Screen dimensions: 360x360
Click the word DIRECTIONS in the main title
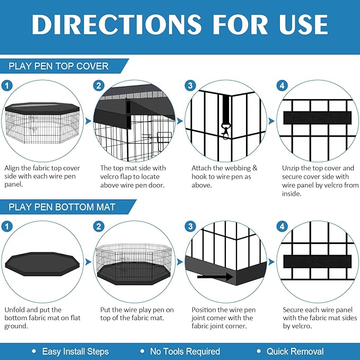pyautogui.click(x=117, y=24)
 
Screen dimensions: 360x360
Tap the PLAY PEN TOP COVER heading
pyautogui.click(x=58, y=66)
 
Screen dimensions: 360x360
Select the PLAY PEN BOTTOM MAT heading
pyautogui.click(x=62, y=207)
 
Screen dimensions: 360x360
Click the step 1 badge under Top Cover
pyautogui.click(x=7, y=86)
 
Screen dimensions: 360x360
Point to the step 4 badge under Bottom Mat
pyautogui.click(x=282, y=226)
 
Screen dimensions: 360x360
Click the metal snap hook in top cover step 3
pyautogui.click(x=225, y=131)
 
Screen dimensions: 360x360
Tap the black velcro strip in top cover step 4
pyautogui.click(x=317, y=118)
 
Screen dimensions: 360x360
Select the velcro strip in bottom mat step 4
pyautogui.click(x=317, y=261)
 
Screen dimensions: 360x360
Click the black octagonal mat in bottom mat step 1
pyautogui.click(x=42, y=264)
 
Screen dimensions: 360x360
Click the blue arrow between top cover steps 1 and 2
pyautogui.click(x=88, y=121)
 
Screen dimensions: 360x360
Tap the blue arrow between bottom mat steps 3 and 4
pyautogui.click(x=271, y=262)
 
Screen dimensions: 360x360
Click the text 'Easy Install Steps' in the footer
pyautogui.click(x=75, y=352)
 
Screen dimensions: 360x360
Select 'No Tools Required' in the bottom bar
pyautogui.click(x=185, y=352)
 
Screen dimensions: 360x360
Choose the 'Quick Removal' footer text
pyautogui.click(x=295, y=352)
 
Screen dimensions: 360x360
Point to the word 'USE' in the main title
pyautogui.click(x=303, y=24)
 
